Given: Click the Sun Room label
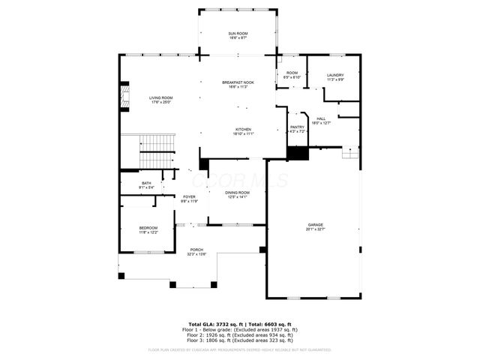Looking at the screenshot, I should [x=238, y=35].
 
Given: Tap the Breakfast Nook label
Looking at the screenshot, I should [x=238, y=84].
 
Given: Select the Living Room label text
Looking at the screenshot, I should [x=160, y=100].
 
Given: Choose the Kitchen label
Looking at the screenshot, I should [x=244, y=131].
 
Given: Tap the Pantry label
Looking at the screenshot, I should [x=298, y=130].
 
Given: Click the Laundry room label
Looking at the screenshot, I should [x=334, y=76].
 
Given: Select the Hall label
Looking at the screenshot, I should [x=320, y=120].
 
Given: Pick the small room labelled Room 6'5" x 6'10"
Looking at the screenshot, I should [x=292, y=76].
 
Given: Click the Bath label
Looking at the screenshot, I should [x=146, y=184].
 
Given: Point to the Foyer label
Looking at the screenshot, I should [x=188, y=199].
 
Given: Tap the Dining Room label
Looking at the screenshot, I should [x=238, y=195].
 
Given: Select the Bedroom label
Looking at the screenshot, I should [x=148, y=229].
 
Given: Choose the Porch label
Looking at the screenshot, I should [x=196, y=252].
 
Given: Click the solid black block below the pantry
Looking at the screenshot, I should [x=298, y=153].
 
